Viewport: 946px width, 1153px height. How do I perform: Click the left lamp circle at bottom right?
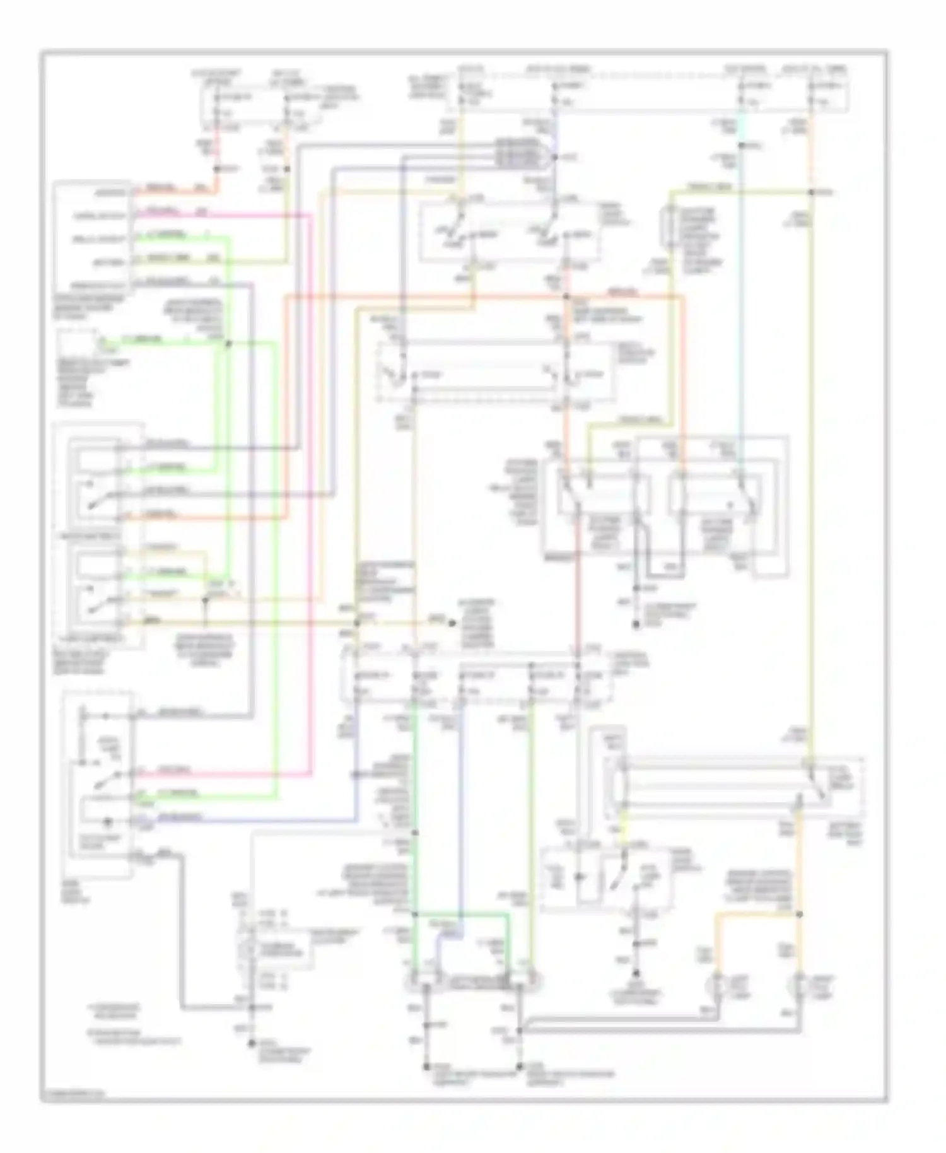tap(716, 983)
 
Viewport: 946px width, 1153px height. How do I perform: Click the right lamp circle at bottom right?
tap(800, 983)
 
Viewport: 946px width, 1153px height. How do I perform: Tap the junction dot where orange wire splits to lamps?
tap(799, 914)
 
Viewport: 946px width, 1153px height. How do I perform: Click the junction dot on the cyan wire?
tap(742, 146)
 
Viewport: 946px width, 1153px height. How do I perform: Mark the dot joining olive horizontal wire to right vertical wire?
tap(812, 191)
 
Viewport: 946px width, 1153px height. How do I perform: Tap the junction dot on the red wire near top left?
tap(216, 168)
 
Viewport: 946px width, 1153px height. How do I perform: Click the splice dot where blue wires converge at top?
tap(554, 156)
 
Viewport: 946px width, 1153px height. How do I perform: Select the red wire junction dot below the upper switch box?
tap(566, 296)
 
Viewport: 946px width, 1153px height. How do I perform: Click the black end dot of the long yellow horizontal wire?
tap(452, 623)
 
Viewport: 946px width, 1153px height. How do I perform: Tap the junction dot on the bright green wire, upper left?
tap(228, 344)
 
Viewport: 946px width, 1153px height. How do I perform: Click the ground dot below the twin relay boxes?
tap(636, 625)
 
